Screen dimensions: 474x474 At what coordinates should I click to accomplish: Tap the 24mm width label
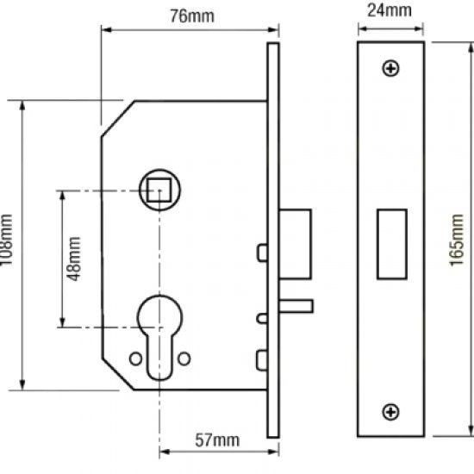[390, 11]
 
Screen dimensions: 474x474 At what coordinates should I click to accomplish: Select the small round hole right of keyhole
[184, 358]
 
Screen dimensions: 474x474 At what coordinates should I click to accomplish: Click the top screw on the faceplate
[392, 67]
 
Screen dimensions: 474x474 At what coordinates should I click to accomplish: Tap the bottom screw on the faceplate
[392, 413]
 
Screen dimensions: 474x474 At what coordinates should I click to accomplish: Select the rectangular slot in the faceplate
[392, 244]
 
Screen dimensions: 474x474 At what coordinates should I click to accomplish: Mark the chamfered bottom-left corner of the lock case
[117, 373]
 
